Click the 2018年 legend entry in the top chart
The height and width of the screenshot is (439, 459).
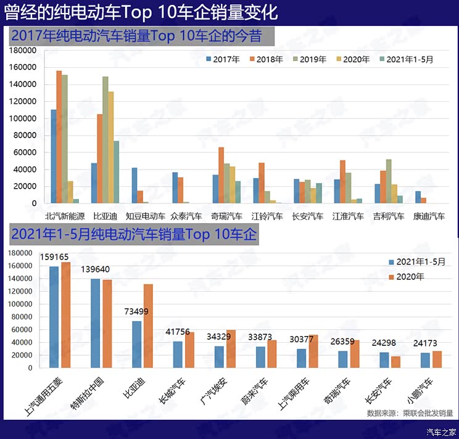(x=267, y=60)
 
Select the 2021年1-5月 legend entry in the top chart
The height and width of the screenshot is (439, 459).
(x=406, y=60)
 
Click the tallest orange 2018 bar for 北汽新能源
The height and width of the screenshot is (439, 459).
(x=59, y=137)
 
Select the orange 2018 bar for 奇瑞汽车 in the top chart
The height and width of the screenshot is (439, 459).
(x=221, y=175)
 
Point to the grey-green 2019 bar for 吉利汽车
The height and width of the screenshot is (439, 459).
(x=389, y=181)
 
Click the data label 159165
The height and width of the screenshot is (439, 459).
(x=54, y=256)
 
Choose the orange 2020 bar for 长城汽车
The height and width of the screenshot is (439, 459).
(x=189, y=350)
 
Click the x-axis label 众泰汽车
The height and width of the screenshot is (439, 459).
(x=187, y=216)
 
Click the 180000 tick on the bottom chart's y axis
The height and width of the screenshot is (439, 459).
(x=25, y=253)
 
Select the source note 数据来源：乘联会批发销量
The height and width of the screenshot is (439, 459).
(x=409, y=413)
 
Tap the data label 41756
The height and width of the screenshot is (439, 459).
(x=178, y=332)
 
